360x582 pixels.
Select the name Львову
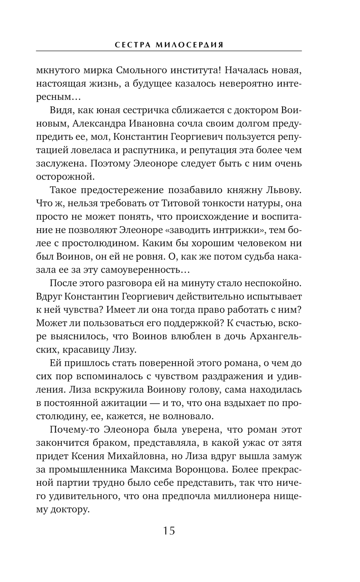(x=283, y=190)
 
